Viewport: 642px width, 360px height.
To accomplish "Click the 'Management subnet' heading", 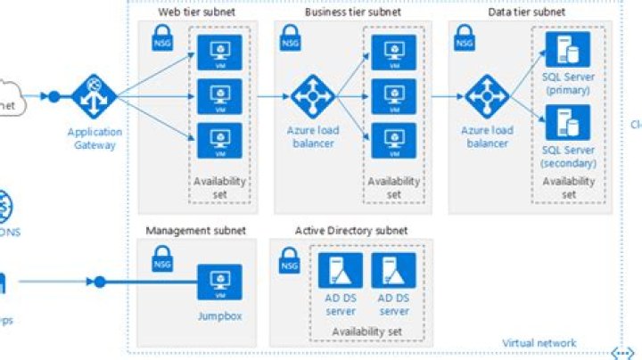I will (x=190, y=231).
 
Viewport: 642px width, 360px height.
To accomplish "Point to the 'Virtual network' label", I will (x=539, y=343).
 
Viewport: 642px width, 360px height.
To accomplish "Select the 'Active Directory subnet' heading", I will (x=351, y=231).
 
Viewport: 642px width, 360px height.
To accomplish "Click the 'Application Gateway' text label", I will (x=93, y=139).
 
